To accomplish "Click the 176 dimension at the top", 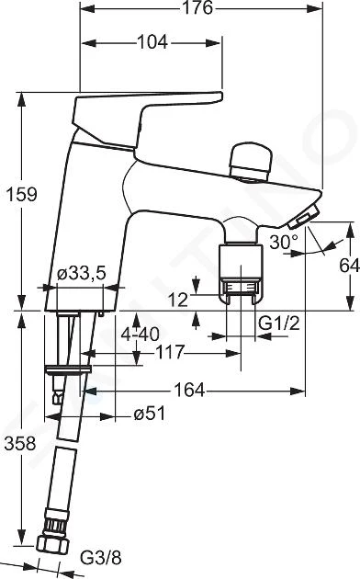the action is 198,7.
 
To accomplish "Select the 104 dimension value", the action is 152,42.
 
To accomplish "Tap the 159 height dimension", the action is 21,194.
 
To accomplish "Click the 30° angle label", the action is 284,243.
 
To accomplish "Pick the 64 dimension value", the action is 349,265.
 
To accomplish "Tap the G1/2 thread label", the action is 279,324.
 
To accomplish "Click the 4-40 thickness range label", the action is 141,335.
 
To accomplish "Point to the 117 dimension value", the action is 169,352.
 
